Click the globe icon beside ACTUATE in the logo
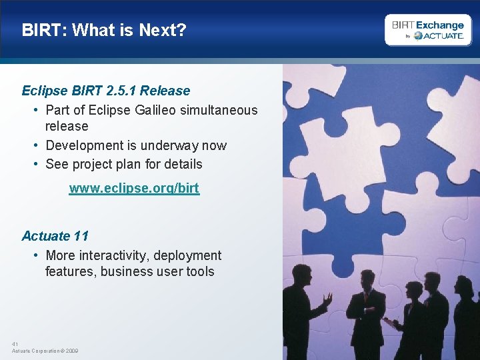(x=418, y=36)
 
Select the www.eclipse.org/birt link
(x=134, y=189)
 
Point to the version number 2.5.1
(x=121, y=91)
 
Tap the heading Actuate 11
(x=55, y=236)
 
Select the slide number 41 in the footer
(x=15, y=344)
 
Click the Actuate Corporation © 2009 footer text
(x=45, y=351)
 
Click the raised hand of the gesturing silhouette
(x=327, y=299)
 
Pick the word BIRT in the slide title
(x=43, y=30)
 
